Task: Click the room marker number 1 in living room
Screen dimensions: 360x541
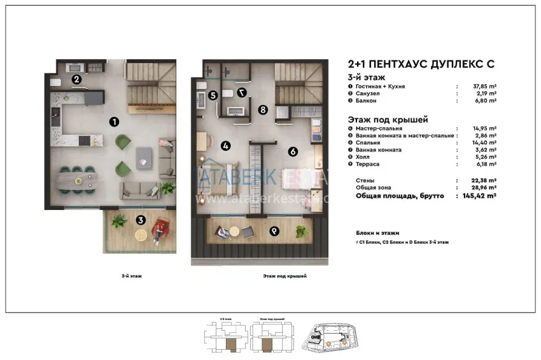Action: tap(113, 121)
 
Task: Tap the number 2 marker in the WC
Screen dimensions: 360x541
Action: tap(76, 80)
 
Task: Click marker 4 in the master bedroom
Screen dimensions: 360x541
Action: tap(225, 146)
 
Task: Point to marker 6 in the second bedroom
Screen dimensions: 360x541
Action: tap(292, 151)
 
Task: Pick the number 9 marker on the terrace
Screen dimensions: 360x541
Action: tap(274, 231)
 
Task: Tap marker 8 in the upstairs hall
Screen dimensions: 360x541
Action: tap(262, 109)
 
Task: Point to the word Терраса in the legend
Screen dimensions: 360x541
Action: tap(364, 164)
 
